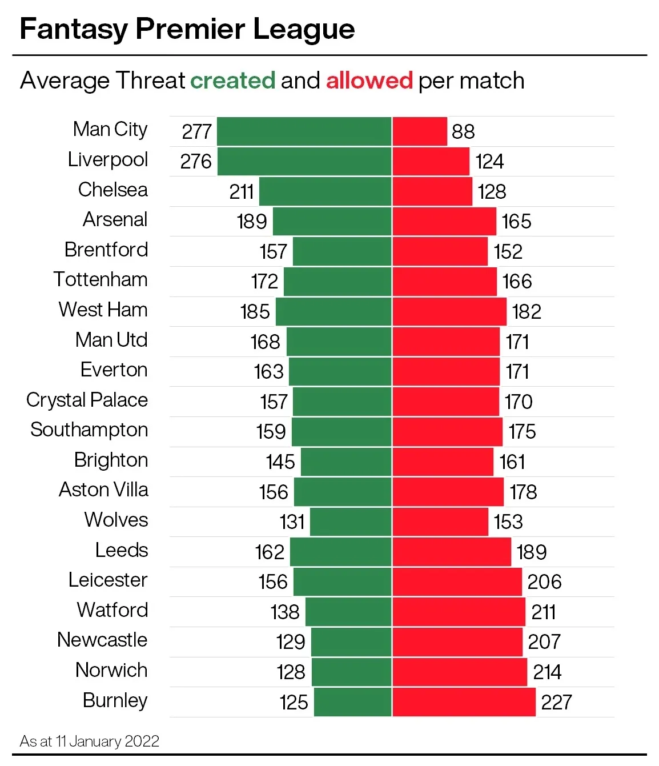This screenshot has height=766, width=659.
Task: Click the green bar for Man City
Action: coord(304,131)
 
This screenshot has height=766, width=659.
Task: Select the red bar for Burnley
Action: coord(464,702)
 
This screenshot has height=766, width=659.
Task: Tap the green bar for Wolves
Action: coord(351,522)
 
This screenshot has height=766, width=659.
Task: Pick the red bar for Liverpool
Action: coord(431,161)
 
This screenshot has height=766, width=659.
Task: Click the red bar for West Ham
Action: coord(449,311)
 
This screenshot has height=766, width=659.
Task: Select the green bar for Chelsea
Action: coord(326,191)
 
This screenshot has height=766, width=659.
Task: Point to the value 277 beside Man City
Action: coord(196,131)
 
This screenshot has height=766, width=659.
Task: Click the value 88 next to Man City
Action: coord(463,131)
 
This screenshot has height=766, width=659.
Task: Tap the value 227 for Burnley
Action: coord(556,702)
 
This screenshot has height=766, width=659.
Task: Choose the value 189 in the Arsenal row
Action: coord(252,222)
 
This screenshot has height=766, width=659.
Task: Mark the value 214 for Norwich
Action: coord(547,672)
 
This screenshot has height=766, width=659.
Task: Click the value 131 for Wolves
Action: coord(292,522)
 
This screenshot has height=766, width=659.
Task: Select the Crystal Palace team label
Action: coord(87,400)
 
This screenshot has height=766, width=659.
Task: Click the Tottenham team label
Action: coord(101,279)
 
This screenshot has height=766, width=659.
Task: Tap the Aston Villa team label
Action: coord(103,490)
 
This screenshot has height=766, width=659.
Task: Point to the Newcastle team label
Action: coord(102,640)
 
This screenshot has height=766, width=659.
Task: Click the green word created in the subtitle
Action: coord(232,81)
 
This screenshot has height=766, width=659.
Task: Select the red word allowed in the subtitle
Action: coord(369,81)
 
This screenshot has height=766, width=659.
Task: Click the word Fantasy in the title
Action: coord(73,30)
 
